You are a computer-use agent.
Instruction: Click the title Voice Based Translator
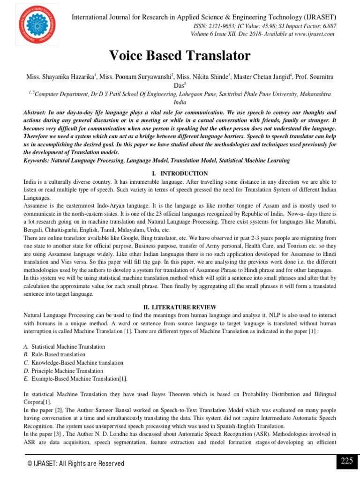(x=180, y=56)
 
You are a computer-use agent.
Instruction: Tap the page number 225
(x=346, y=461)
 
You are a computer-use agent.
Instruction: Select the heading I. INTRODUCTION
(x=180, y=173)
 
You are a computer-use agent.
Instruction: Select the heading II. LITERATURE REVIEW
(x=180, y=307)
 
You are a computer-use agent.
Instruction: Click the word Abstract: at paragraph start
(x=37, y=113)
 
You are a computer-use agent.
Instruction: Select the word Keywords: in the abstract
(x=38, y=160)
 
